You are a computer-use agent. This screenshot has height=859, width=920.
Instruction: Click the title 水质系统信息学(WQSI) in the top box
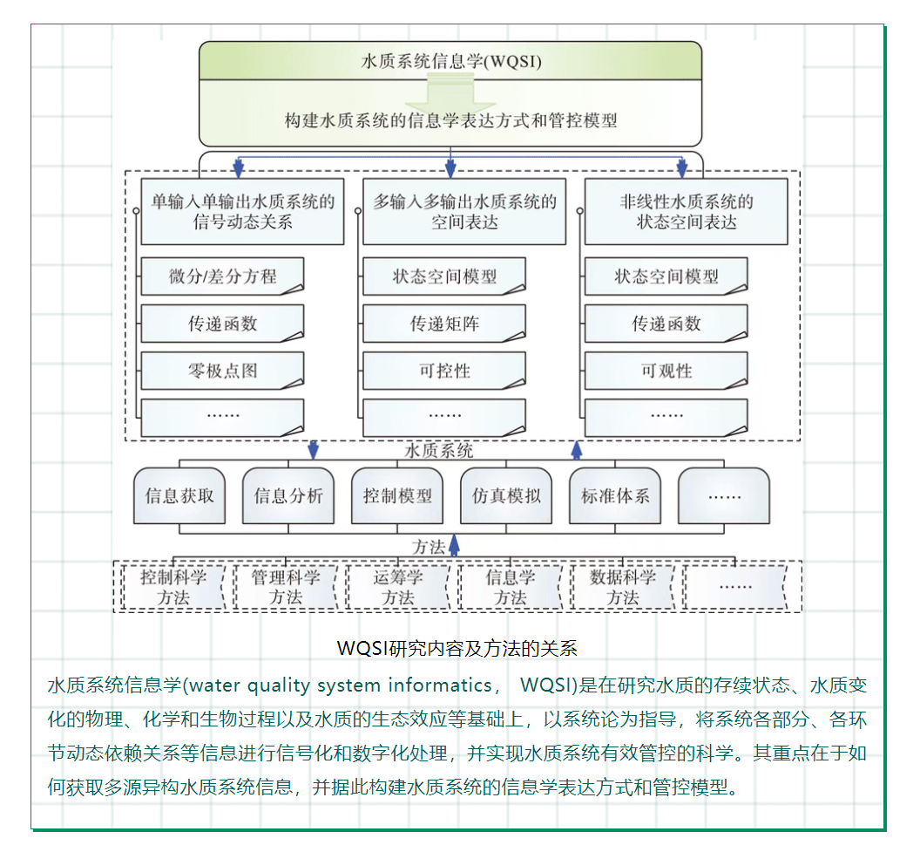pyautogui.click(x=450, y=62)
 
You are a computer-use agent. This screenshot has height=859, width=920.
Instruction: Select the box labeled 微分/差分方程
pyautogui.click(x=222, y=277)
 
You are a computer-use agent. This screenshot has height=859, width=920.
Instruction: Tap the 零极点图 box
pyautogui.click(x=222, y=371)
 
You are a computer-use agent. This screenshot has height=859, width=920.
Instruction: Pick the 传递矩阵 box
pyautogui.click(x=444, y=324)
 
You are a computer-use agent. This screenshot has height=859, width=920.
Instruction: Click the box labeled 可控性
pyautogui.click(x=444, y=371)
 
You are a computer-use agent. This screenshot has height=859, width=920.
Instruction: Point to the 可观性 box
pyautogui.click(x=666, y=371)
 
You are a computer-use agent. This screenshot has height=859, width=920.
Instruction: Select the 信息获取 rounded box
pyautogui.click(x=179, y=496)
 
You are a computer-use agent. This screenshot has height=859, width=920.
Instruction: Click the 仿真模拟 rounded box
pyautogui.click(x=506, y=496)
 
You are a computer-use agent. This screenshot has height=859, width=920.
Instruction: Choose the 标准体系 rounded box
pyautogui.click(x=615, y=496)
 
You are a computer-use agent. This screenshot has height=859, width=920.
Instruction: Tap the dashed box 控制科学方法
pyautogui.click(x=173, y=587)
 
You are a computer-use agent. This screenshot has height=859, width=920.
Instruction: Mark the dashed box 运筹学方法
pyautogui.click(x=398, y=587)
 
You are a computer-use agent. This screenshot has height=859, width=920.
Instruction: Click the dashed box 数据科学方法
pyautogui.click(x=623, y=587)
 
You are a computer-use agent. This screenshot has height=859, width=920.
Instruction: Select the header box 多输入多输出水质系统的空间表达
pyautogui.click(x=463, y=212)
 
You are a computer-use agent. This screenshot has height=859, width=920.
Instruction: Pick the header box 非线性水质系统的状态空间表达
pyautogui.click(x=686, y=212)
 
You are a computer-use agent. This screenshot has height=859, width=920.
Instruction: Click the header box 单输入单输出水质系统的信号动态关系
pyautogui.click(x=242, y=212)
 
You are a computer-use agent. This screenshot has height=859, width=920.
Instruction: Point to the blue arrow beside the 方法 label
pyautogui.click(x=454, y=545)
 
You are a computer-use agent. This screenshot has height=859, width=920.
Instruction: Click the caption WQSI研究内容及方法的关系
pyautogui.click(x=457, y=649)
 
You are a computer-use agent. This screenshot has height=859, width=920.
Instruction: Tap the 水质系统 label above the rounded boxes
pyautogui.click(x=440, y=451)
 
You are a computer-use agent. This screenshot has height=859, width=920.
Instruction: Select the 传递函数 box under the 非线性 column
pyautogui.click(x=666, y=324)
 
